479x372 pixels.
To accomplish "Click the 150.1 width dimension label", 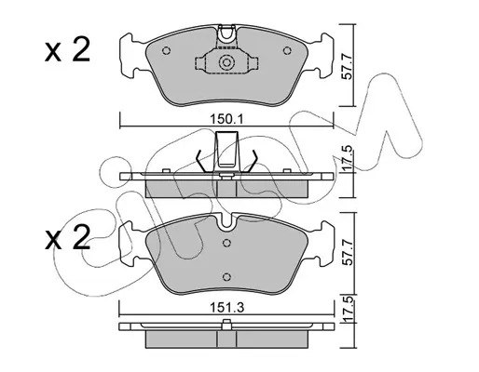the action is (x=226, y=119).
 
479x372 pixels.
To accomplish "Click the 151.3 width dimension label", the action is (x=227, y=308).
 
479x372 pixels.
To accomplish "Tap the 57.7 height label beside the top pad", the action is (x=349, y=67).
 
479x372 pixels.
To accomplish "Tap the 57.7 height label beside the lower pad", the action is (x=349, y=252).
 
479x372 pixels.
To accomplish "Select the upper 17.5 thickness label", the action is (x=349, y=159).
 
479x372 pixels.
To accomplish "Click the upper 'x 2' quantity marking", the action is (x=67, y=49).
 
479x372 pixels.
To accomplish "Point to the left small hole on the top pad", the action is (x=167, y=50).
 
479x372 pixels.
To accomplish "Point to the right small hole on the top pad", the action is (x=287, y=50).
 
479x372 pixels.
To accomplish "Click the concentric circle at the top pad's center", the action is (x=226, y=62).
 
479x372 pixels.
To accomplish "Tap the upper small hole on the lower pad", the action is (x=227, y=243).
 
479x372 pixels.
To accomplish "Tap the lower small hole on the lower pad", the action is (x=227, y=276).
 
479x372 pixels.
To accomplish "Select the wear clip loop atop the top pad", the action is (x=226, y=33).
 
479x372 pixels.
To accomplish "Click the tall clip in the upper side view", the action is (x=227, y=152).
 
